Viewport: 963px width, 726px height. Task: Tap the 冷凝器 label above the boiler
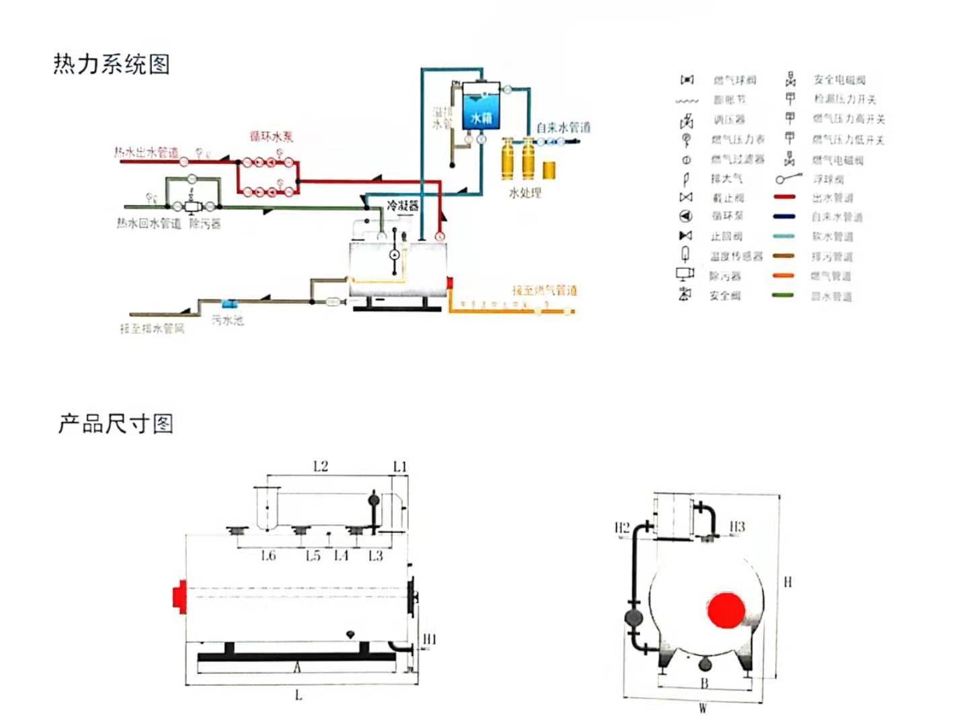point(402,206)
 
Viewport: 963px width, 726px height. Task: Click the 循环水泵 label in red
point(272,137)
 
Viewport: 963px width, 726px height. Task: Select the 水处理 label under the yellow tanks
point(525,193)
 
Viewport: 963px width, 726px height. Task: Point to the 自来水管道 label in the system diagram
point(563,128)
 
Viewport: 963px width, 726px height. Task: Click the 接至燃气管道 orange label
point(544,290)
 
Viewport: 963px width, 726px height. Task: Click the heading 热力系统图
point(112,65)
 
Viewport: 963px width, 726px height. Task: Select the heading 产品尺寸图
point(116,424)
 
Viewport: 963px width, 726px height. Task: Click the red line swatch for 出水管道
point(784,198)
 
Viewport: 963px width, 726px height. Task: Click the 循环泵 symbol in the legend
point(685,216)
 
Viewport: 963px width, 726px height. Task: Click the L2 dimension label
point(321,467)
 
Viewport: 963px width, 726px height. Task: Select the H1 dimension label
point(429,639)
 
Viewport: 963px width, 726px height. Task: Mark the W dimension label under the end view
point(703,708)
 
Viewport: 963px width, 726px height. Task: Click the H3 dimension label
point(737,526)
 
